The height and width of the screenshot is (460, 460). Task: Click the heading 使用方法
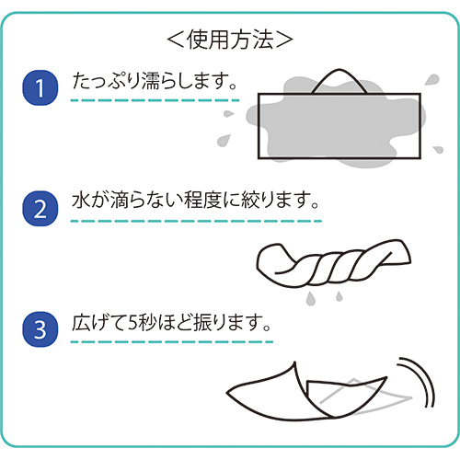tap(230, 40)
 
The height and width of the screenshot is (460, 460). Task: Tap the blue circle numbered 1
tap(40, 87)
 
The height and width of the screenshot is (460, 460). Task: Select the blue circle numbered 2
tap(40, 209)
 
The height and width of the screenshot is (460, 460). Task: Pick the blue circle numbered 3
tap(40, 329)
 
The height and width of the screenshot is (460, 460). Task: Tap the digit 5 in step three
tap(133, 323)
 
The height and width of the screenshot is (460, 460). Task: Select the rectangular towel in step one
tap(339, 126)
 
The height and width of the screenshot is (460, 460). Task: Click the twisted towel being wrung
tap(334, 263)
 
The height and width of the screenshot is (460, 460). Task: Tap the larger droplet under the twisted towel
tap(310, 298)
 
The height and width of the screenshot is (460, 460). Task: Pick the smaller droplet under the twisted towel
tap(339, 296)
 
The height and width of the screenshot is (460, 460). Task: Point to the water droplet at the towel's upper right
tap(432, 79)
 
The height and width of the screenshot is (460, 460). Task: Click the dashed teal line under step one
tap(155, 100)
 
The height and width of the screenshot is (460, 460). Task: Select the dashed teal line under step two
tap(196, 221)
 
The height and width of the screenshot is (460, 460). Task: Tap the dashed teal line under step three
tap(172, 342)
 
